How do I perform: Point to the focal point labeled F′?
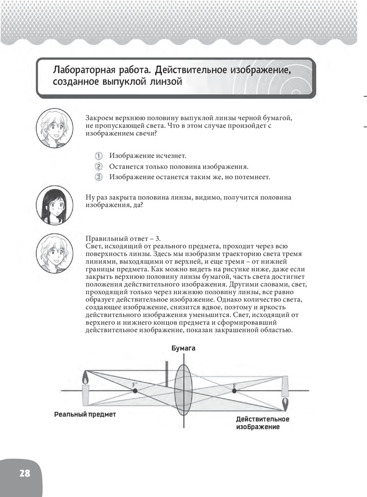135,391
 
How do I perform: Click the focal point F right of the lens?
234,391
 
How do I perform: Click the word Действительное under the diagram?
262,419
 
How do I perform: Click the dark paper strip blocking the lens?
167,375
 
